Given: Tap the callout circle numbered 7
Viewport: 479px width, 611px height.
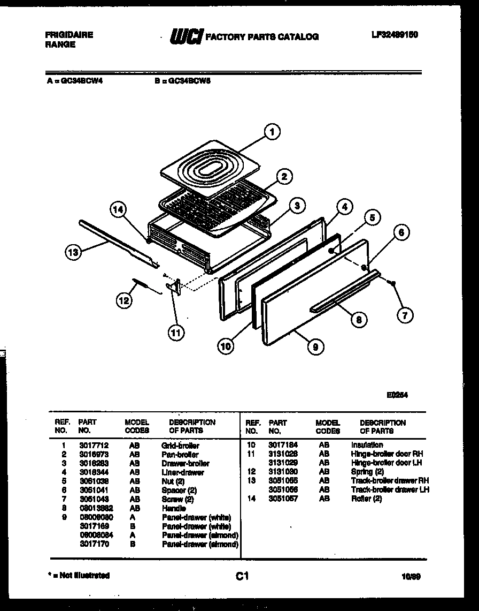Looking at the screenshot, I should pos(405,315).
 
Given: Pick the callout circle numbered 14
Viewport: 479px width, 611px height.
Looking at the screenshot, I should pos(119,210).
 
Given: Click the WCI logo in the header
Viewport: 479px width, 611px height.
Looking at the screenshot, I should pos(186,36).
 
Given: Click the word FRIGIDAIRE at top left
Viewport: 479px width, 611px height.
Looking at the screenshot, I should pos(69,35).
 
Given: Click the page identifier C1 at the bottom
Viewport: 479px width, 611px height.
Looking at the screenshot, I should pos(242,576).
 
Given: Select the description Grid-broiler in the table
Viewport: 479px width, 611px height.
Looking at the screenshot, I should pos(180,446).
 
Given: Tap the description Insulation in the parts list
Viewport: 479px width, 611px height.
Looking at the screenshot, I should pos(367,445).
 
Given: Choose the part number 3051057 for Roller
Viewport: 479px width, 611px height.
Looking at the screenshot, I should pos(283,499).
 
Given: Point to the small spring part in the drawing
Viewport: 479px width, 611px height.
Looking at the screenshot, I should pos(143,285).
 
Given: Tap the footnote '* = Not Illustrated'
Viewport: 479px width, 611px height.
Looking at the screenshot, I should pos(79,576).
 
